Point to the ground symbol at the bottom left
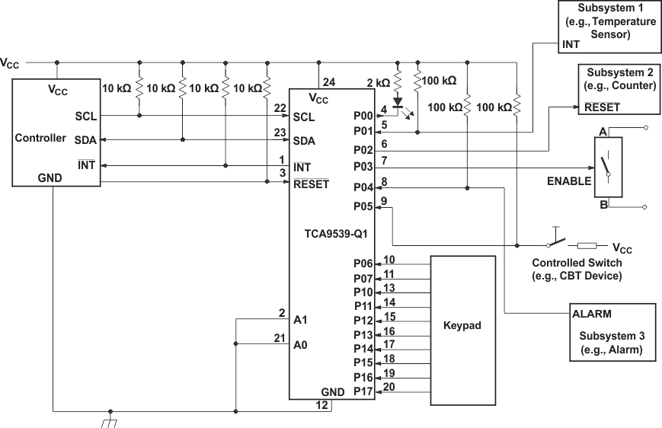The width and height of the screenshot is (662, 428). [x=111, y=420]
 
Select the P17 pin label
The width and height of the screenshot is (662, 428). [x=364, y=391]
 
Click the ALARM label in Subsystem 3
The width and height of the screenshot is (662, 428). [x=593, y=313]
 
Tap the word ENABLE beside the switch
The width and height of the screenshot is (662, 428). [x=568, y=181]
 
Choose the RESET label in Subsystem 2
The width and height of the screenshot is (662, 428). [x=602, y=107]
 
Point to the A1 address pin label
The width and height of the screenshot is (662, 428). [x=300, y=319]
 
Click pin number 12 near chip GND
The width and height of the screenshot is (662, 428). [x=324, y=405]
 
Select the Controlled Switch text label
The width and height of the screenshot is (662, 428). [x=576, y=263]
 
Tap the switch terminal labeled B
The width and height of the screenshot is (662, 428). [x=603, y=203]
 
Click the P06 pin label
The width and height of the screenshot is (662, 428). [x=364, y=263]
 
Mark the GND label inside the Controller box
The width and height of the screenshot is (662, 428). [x=50, y=177]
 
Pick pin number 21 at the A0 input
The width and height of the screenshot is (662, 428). [x=280, y=337]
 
